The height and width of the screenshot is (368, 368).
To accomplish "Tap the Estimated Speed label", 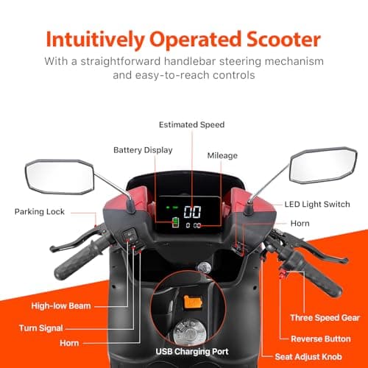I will pyautogui.click(x=191, y=125).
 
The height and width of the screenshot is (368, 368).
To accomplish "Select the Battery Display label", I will pyautogui.click(x=143, y=150).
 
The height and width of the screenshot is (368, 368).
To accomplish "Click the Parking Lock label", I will pyautogui.click(x=40, y=212).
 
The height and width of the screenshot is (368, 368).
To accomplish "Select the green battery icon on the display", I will pyautogui.click(x=175, y=224).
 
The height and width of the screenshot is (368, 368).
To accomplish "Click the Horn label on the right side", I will pyautogui.click(x=300, y=223).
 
